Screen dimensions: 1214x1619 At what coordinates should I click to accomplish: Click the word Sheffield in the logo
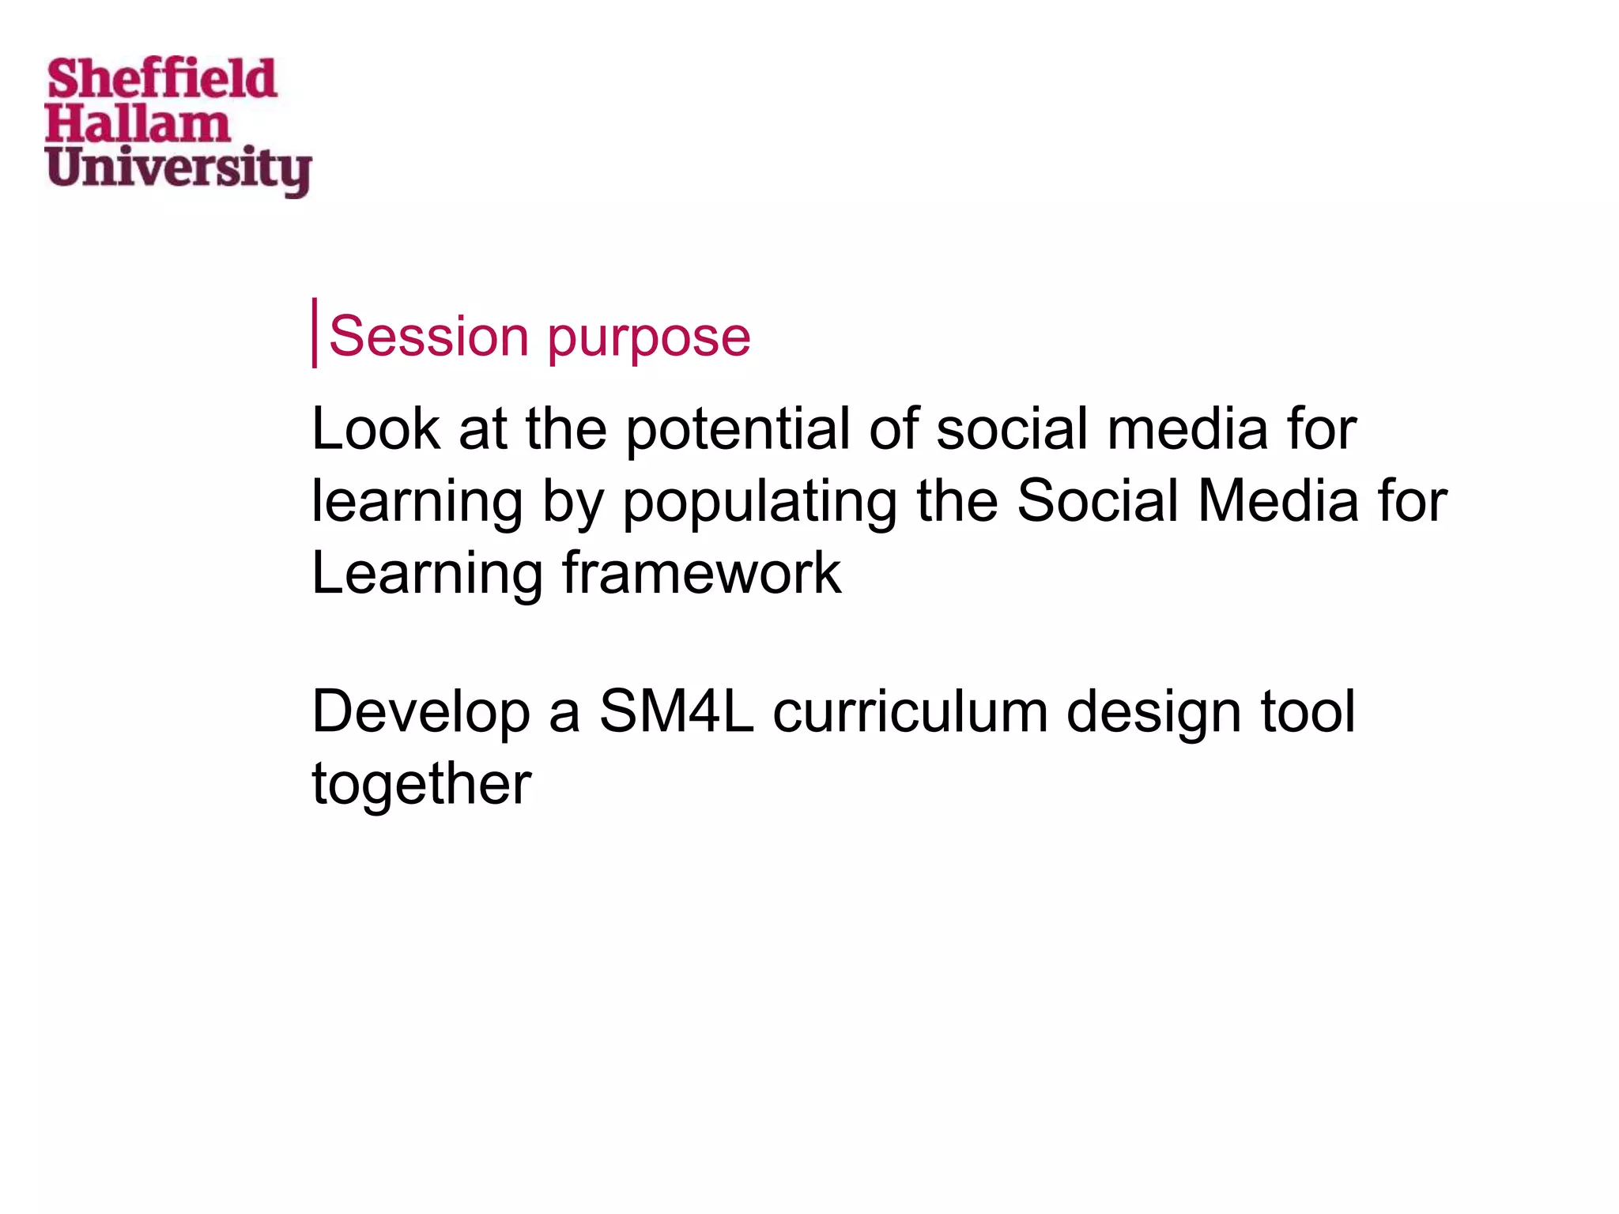click(x=162, y=79)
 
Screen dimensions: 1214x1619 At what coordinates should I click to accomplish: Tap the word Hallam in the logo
click(x=138, y=125)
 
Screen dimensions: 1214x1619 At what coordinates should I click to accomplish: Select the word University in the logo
click(x=178, y=169)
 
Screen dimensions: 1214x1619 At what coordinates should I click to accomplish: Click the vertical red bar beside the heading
click(x=315, y=333)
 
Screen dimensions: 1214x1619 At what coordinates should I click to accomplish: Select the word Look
click(x=376, y=428)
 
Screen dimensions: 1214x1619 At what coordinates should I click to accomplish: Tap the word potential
click(x=738, y=431)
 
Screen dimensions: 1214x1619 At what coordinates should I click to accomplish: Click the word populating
click(x=759, y=503)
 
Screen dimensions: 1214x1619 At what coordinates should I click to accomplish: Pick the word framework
click(x=701, y=573)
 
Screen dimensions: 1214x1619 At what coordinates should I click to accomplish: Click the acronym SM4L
click(x=677, y=711)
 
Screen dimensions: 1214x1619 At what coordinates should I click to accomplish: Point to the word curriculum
click(x=910, y=711)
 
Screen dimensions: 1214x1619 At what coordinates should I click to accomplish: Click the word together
click(x=421, y=785)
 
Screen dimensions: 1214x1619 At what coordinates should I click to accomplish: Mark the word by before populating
click(x=573, y=503)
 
